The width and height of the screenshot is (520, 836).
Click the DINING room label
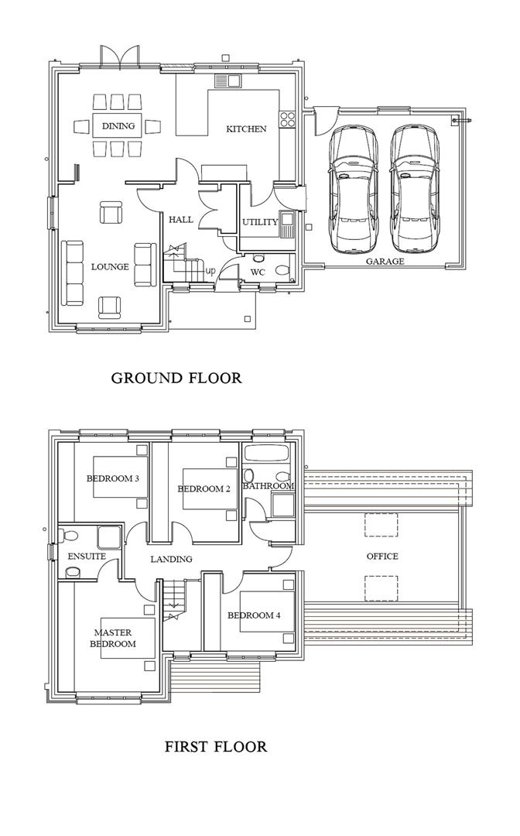pos(118,126)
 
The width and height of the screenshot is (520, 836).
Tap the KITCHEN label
pos(246,128)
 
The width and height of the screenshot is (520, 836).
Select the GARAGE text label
pos(385,262)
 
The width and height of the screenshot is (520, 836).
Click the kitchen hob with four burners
pos(288,119)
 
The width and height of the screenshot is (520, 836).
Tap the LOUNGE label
pos(110,267)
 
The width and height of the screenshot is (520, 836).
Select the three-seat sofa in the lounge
pos(74,272)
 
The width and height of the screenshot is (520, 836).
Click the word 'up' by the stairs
pos(210,271)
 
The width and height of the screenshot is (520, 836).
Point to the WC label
pos(258,272)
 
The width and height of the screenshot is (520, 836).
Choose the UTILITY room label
pos(260,222)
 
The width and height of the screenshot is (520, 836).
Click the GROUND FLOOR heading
pos(176,378)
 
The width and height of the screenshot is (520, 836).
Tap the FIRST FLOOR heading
pos(216,747)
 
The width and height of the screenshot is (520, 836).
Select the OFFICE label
pos(382,557)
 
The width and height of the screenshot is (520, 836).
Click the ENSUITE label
pos(87,557)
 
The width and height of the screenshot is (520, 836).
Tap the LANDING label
pos(171,559)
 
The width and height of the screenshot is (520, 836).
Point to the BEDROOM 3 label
pos(112,478)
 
